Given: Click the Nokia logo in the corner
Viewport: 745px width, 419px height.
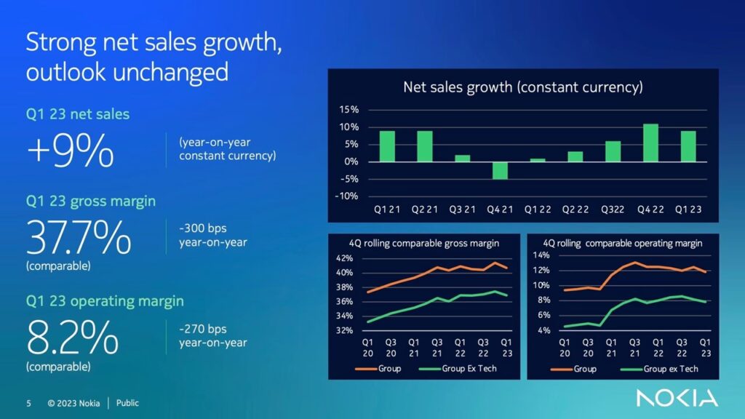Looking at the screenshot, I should point(677,397).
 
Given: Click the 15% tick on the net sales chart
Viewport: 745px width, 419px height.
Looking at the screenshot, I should point(348,110).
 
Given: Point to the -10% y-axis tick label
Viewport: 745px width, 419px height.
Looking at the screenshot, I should point(346,196).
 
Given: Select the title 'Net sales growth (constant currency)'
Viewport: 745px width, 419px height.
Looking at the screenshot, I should point(523,88).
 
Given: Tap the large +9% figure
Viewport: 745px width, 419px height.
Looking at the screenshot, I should point(71,152).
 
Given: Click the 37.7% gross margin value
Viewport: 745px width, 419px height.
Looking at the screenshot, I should point(79,237).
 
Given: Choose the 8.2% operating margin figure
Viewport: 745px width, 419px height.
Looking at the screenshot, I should point(72,336).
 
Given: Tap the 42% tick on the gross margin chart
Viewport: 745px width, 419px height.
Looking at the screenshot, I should point(345,258).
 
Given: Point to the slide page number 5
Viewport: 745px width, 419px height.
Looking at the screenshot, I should point(29,403).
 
